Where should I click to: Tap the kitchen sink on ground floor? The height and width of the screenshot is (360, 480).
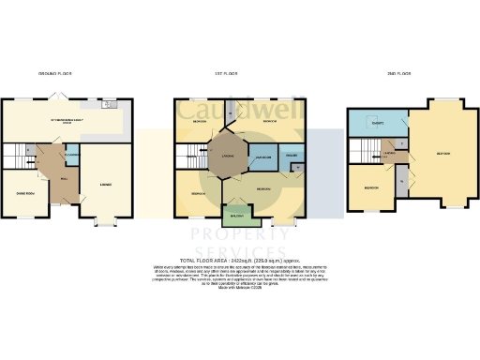click(x=109, y=103)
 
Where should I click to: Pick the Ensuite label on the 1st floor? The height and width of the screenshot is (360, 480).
click(x=292, y=155)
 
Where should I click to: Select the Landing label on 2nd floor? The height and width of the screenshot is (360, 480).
click(x=386, y=154)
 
